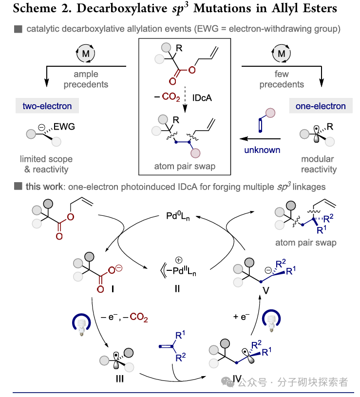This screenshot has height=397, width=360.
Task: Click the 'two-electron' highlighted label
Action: point(47,106)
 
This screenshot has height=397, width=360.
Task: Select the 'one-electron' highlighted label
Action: point(321,106)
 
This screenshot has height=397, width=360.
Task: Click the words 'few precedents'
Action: point(282,79)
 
